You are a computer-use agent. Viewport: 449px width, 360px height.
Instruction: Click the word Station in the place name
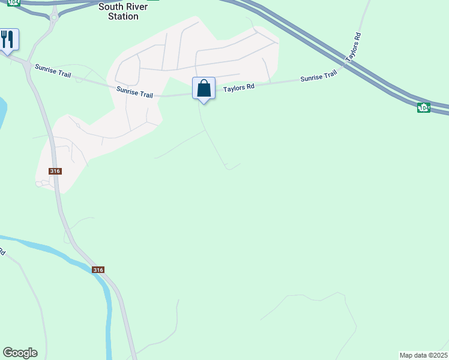(x=122, y=16)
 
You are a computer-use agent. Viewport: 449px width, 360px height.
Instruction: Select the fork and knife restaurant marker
(x=7, y=40)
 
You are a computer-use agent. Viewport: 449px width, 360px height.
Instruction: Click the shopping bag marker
(x=203, y=89)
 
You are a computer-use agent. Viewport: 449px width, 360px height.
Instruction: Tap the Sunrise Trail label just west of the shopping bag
(x=135, y=92)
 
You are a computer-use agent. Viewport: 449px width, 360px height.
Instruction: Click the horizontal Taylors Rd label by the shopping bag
(x=239, y=87)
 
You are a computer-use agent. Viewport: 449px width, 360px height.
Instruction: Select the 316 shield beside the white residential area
(x=56, y=171)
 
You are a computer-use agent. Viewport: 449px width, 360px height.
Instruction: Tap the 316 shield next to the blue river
(x=98, y=270)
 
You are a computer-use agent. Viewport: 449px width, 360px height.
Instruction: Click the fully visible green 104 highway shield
(x=424, y=107)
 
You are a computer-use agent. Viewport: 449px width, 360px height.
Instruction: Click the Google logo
(x=20, y=353)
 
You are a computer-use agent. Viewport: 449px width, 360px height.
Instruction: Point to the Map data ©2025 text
(x=423, y=355)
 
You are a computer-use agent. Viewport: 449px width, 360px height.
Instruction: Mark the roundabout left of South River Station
(x=55, y=17)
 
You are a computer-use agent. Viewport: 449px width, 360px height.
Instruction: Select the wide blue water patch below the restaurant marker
(x=2, y=111)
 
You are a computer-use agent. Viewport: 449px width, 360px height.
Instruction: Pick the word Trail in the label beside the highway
(x=329, y=76)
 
